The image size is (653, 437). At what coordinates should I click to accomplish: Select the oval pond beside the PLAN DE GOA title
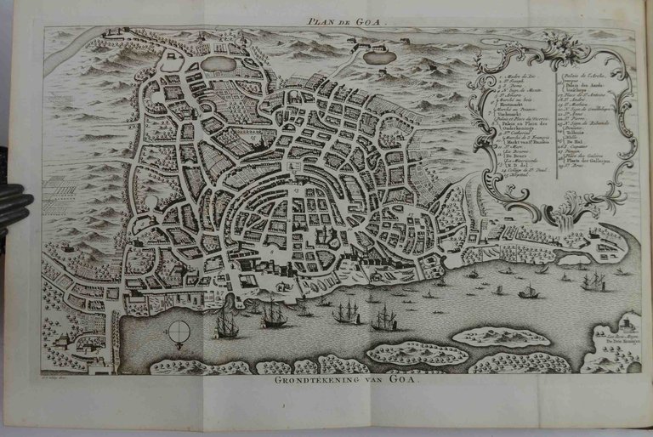tap(377, 56)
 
